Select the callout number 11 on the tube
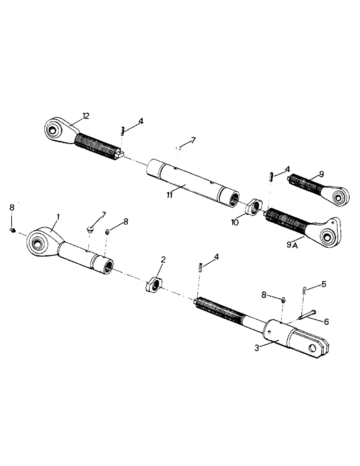click(x=170, y=194)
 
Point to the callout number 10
click(x=235, y=223)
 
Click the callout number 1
click(x=58, y=217)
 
